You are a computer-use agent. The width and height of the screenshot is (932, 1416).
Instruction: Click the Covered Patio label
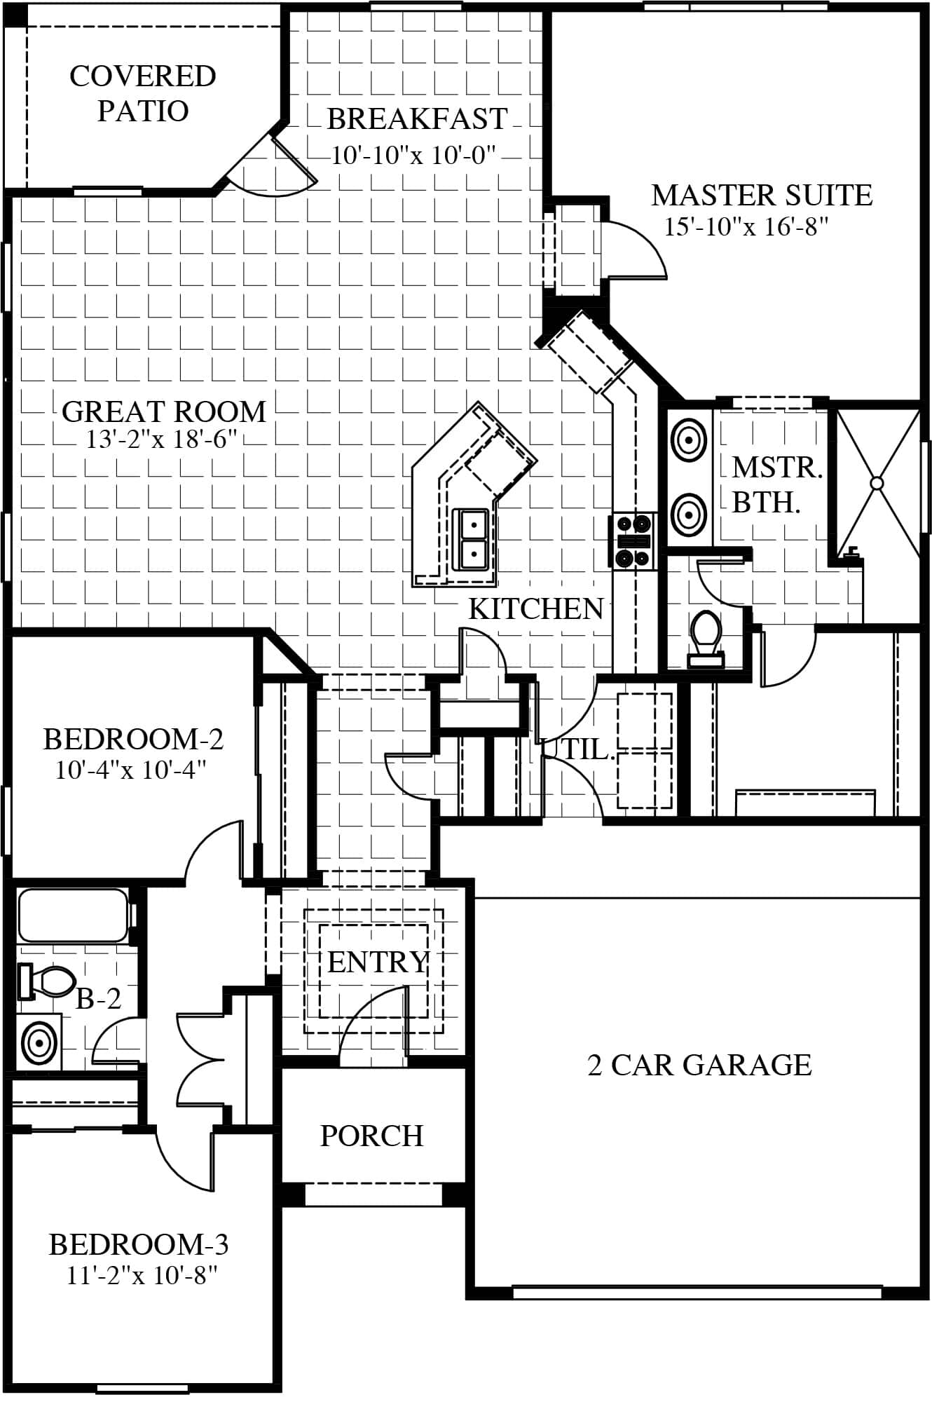click(x=143, y=93)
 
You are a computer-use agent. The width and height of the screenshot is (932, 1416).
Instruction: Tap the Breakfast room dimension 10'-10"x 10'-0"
click(x=413, y=155)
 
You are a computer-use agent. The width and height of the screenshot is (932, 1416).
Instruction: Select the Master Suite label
click(x=762, y=195)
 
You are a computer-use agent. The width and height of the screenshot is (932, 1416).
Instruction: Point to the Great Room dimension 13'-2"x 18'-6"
click(x=162, y=440)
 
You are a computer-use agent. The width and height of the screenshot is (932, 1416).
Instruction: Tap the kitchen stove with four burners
click(x=633, y=540)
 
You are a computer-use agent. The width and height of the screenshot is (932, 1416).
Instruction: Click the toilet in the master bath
click(x=706, y=638)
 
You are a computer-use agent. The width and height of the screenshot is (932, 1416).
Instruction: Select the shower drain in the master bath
click(x=876, y=483)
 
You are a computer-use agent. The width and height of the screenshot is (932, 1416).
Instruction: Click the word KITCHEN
click(x=535, y=609)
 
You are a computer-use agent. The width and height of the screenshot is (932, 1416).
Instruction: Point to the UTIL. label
click(x=579, y=750)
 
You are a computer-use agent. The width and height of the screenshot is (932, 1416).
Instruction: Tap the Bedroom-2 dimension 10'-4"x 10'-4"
click(x=131, y=770)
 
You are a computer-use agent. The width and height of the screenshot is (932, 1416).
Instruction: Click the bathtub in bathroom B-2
click(x=73, y=915)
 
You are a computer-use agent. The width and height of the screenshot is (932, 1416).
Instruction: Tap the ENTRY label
click(x=378, y=962)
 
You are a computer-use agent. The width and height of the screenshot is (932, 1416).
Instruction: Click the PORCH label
click(x=371, y=1136)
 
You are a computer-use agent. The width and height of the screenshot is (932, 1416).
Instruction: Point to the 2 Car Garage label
click(x=699, y=1065)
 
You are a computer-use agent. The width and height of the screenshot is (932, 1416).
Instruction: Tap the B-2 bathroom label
click(x=98, y=999)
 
